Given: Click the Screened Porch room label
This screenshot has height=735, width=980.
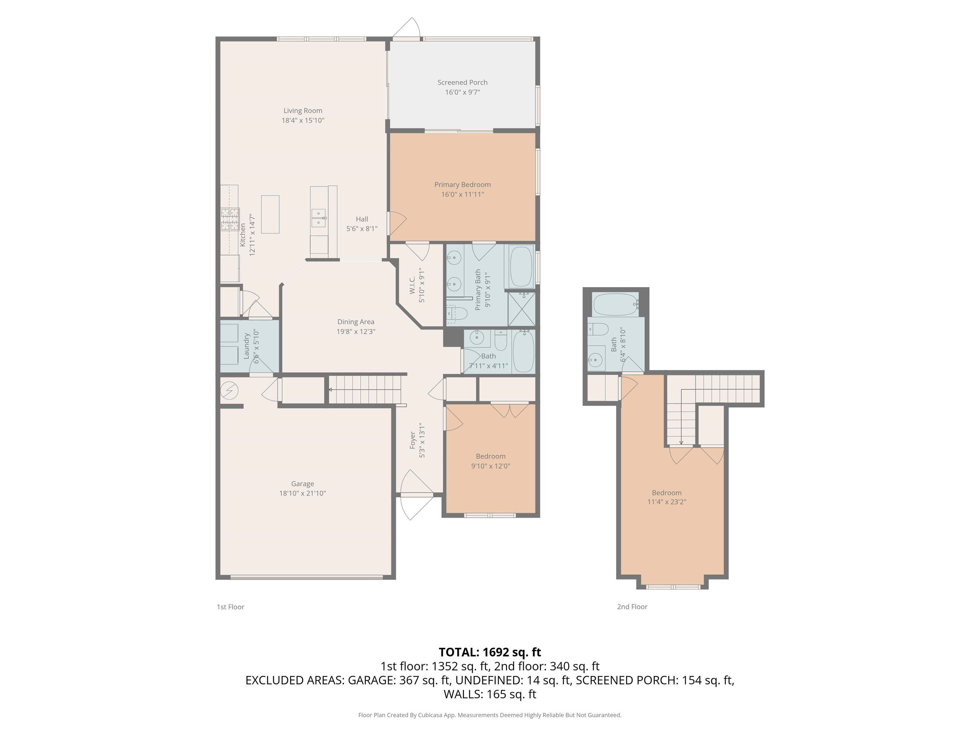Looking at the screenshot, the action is [x=462, y=82].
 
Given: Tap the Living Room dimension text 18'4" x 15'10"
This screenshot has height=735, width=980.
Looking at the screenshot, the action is [x=303, y=120].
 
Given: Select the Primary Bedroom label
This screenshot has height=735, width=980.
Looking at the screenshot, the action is [x=463, y=185].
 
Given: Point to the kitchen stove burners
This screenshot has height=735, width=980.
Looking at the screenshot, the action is [x=230, y=219].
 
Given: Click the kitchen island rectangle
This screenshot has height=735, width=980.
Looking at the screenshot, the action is [x=270, y=214].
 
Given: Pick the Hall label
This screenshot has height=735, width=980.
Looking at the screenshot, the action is [x=362, y=219].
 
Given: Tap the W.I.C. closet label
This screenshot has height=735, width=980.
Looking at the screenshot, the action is [x=412, y=285].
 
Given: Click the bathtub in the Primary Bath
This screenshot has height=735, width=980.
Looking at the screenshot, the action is [x=522, y=267].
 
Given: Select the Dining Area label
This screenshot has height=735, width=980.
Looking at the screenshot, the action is [x=356, y=322].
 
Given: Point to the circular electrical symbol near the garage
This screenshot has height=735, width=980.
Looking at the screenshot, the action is [x=229, y=390].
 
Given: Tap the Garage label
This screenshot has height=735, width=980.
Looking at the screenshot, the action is [x=303, y=484].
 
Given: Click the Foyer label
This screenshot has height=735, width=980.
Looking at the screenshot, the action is [x=412, y=440].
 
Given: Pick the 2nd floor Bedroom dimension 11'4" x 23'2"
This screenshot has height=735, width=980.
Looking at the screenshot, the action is [x=667, y=502].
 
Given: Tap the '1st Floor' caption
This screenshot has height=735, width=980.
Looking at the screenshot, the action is [x=230, y=607].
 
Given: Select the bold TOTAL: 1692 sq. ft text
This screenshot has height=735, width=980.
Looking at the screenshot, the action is [x=490, y=652].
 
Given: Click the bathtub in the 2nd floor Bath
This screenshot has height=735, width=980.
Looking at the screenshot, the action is [x=616, y=305].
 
